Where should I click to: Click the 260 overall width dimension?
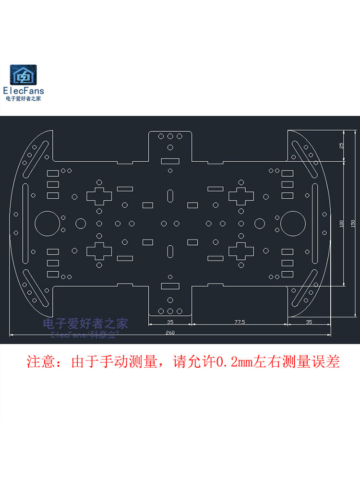point(170,332)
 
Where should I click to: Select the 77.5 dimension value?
point(240,322)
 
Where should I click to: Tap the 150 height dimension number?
point(353,224)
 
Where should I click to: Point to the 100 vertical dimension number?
point(341,224)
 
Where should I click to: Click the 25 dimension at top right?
point(341,146)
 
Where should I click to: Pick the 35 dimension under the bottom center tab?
point(170,322)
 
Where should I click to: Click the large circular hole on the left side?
point(46,223)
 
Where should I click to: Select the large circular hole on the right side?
point(292,223)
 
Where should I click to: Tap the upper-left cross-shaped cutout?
point(99,196)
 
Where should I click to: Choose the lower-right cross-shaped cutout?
point(241,251)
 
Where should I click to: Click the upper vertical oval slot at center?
point(170,196)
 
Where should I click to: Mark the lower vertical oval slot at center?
point(170,251)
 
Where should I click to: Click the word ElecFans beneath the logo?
point(23,90)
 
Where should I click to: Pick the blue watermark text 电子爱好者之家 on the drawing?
point(85,324)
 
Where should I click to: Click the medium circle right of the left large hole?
point(80,223)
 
